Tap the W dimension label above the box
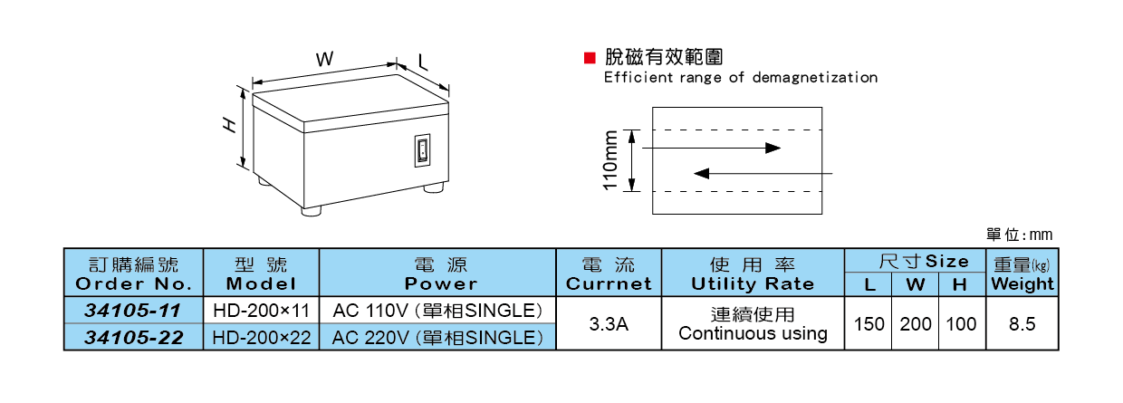tap(325, 58)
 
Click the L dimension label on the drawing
tap(423, 62)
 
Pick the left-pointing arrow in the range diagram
tap(761, 172)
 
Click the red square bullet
tap(589, 57)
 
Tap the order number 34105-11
tap(133, 311)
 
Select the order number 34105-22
tap(133, 338)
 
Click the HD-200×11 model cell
tap(261, 311)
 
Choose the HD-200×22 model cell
tap(261, 338)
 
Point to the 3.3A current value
tap(609, 324)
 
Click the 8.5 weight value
tap(1022, 324)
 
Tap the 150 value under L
tap(869, 324)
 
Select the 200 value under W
tap(916, 324)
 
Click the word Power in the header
tap(440, 283)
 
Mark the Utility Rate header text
tap(753, 283)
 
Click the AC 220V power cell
tap(437, 338)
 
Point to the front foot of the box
tap(312, 210)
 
